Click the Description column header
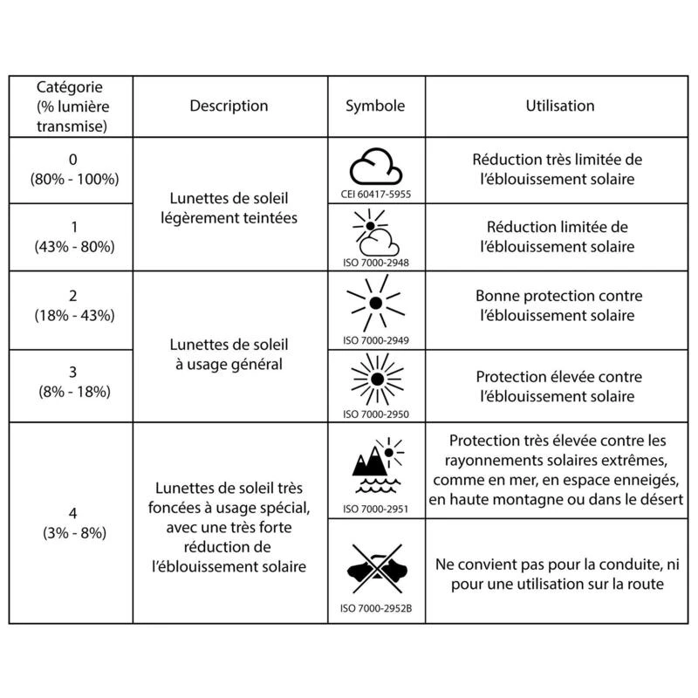(x=229, y=106)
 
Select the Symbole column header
(x=375, y=106)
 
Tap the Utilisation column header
(x=560, y=106)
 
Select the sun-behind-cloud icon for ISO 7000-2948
(x=375, y=231)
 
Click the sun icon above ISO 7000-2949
(x=375, y=301)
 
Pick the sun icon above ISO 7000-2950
(x=375, y=378)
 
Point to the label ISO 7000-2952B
(x=375, y=607)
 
